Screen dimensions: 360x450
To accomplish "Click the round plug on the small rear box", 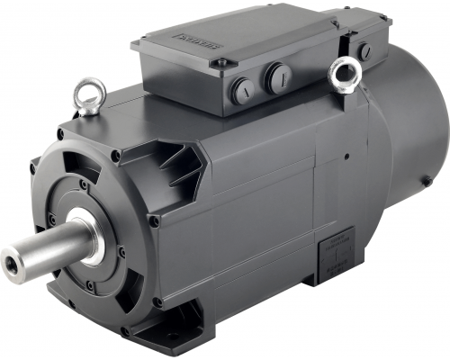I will click(x=364, y=50).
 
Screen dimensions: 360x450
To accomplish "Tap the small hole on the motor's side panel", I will click(x=345, y=155).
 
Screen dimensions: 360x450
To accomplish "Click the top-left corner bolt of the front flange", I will click(x=61, y=134).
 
